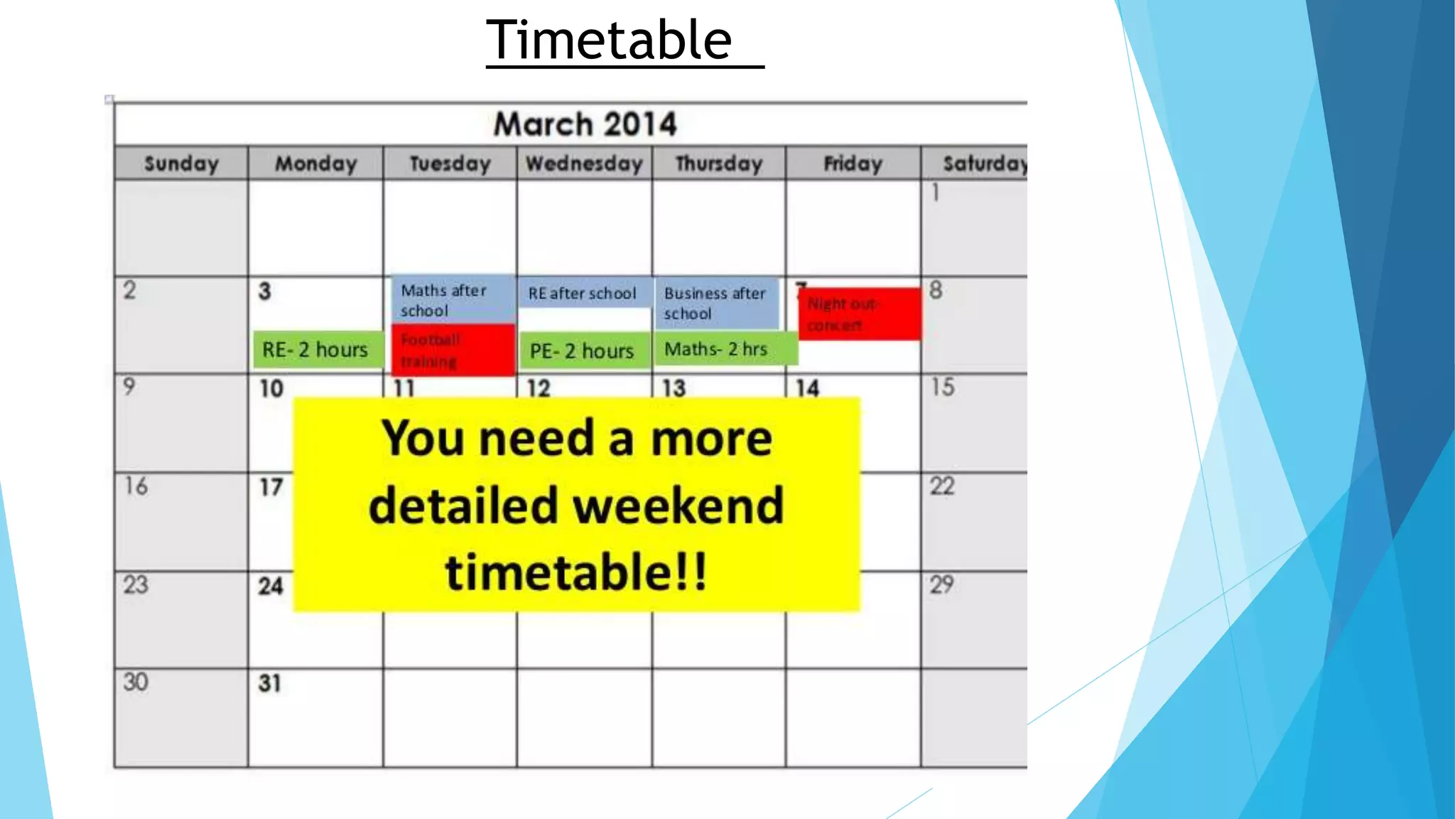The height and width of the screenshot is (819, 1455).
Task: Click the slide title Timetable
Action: [609, 41]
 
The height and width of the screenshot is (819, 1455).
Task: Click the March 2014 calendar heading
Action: [585, 124]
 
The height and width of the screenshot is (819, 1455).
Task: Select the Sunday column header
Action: [181, 164]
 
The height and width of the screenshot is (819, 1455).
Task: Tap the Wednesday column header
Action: [584, 164]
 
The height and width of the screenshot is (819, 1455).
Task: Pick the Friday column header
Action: [853, 164]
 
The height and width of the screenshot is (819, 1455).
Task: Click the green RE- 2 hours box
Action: [315, 350]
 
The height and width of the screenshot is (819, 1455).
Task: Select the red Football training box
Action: [453, 350]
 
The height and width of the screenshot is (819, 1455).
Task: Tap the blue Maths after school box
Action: [452, 300]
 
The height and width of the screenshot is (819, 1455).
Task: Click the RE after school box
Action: [583, 293]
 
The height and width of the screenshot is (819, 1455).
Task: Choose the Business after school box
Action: [716, 304]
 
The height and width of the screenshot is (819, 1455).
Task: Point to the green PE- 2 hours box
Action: [583, 350]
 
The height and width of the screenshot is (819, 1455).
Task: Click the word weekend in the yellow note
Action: [678, 505]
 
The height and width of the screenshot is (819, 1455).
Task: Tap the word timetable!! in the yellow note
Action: [576, 572]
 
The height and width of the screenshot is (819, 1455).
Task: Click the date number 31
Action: [270, 683]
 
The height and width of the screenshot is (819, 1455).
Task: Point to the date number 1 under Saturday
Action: [936, 192]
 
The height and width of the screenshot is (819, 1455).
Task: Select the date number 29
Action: [941, 584]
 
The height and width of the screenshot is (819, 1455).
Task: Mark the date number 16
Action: [136, 486]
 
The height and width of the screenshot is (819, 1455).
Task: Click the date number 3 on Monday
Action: [264, 291]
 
